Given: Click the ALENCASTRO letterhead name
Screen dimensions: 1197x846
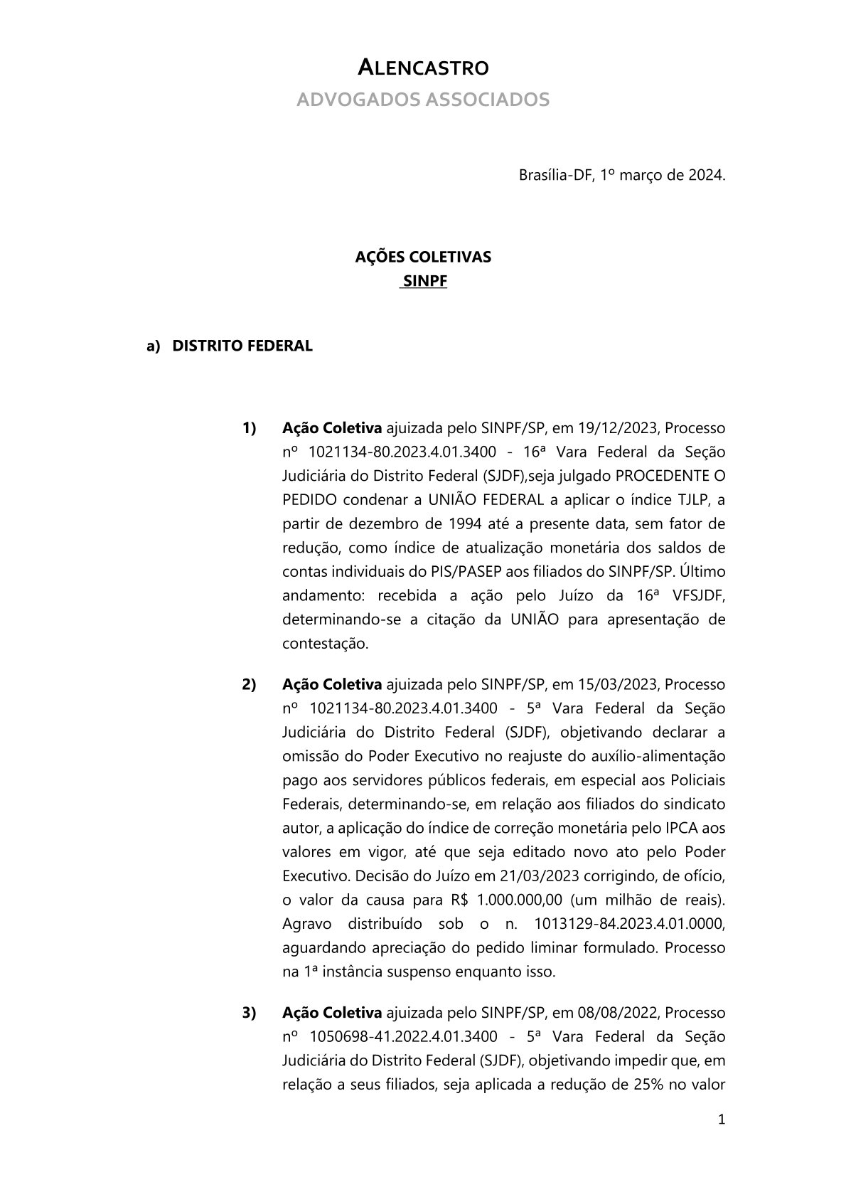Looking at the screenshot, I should pos(422,68).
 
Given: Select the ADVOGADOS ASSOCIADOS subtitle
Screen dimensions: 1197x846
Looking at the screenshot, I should pos(422,100).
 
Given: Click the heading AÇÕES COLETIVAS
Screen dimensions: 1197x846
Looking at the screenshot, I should pos(422,257).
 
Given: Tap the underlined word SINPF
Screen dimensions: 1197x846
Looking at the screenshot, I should pos(424,281).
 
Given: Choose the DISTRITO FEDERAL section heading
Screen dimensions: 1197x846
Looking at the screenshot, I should pos(242,346).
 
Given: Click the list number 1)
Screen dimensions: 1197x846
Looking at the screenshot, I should pos(249,428).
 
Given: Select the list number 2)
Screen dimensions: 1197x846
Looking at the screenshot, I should pos(249,684).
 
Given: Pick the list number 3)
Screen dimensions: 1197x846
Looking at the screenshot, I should pos(249,1012).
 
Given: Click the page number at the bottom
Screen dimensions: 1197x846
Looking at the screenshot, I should pos(722,1120).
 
